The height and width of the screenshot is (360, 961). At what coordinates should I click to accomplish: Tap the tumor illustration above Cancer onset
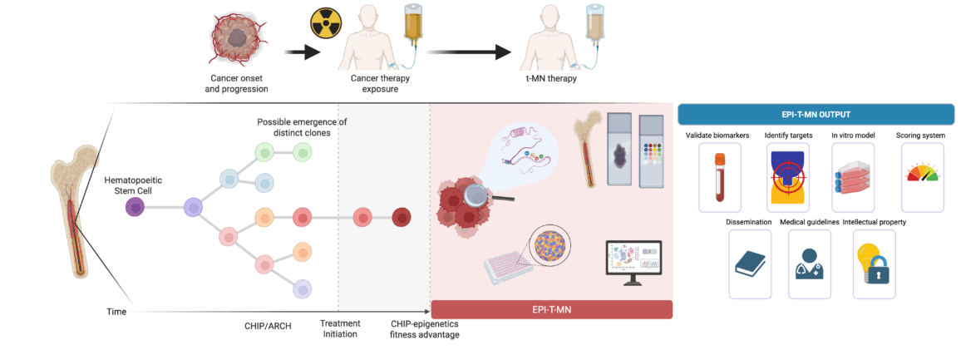(239, 40)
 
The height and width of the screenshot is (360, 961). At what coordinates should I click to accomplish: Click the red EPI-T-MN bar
(550, 309)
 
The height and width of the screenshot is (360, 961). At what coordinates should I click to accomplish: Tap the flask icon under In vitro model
(853, 177)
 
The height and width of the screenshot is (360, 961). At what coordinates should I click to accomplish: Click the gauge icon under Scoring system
(921, 175)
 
